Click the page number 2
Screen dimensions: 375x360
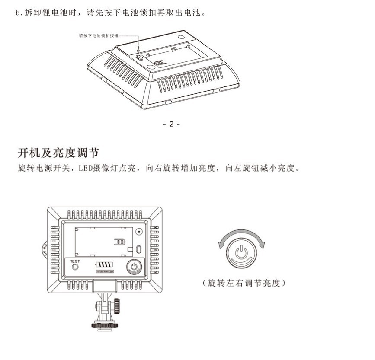pos(171,124)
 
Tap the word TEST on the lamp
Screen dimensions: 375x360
pos(75,261)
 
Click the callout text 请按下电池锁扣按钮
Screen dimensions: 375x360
pos(98,36)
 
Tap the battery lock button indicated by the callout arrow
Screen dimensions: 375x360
pos(138,57)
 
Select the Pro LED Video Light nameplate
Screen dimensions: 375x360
pos(104,272)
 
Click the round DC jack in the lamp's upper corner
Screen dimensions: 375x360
pos(139,231)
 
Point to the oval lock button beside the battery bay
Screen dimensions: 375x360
pos(138,249)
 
